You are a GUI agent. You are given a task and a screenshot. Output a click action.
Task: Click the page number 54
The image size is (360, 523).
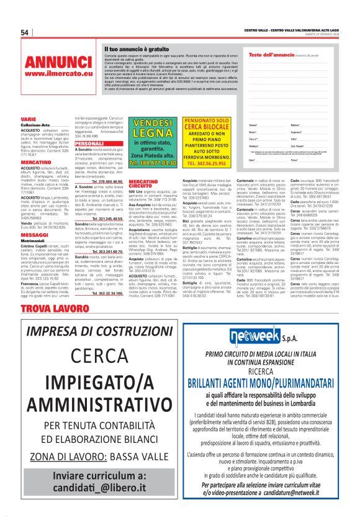25,32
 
